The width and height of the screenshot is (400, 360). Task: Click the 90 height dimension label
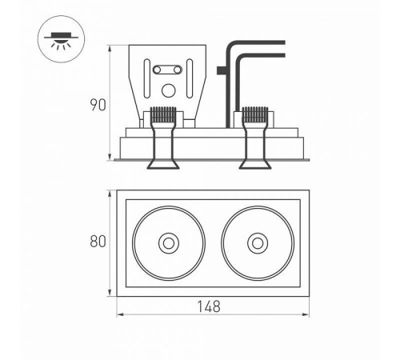(98, 105)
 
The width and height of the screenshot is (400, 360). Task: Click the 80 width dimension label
(98, 242)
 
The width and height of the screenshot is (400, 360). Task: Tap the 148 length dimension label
(209, 306)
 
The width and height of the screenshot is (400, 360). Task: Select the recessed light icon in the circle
(61, 40)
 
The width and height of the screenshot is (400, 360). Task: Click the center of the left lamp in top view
(169, 243)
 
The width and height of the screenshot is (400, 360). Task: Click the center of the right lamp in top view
(258, 243)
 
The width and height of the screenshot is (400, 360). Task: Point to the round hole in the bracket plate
(168, 90)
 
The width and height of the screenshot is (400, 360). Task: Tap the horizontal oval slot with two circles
(167, 70)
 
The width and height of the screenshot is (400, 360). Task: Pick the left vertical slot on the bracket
(147, 78)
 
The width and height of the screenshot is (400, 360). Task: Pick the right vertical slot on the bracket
(190, 78)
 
